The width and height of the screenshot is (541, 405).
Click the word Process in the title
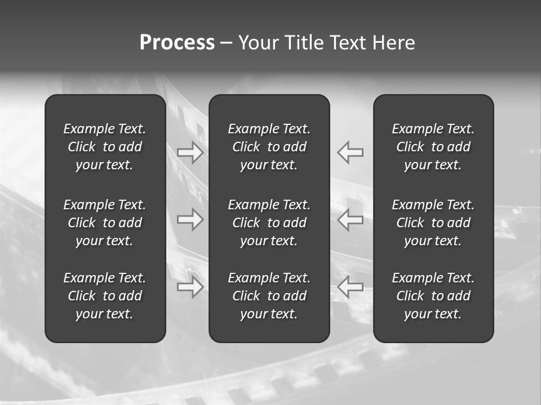[177, 43]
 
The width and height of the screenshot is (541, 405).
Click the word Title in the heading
[303, 43]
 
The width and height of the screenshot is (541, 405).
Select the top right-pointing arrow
[190, 152]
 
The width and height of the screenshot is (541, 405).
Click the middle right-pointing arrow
[190, 219]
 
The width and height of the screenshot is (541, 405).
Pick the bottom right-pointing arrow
[190, 287]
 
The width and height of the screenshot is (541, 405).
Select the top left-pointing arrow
[351, 152]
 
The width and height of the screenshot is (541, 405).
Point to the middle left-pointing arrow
[351, 219]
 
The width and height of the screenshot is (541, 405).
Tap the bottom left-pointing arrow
[351, 286]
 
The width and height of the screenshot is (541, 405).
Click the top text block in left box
[105, 147]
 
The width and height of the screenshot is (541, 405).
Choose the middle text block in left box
[105, 223]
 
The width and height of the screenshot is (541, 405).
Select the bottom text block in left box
[105, 296]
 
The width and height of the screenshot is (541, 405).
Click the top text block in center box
[269, 147]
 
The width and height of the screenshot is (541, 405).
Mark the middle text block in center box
[269, 223]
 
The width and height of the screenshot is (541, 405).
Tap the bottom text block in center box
[269, 296]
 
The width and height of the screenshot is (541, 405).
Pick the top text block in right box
[433, 147]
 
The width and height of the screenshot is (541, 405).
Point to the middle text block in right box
[433, 223]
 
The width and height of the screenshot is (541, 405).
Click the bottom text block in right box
[433, 296]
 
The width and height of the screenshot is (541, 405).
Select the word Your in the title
[260, 43]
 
